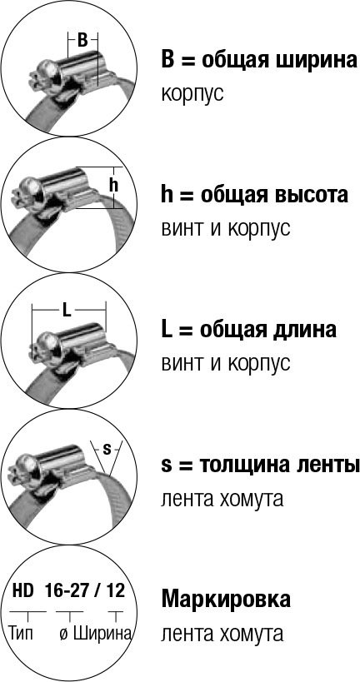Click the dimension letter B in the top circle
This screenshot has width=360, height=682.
pyautogui.click(x=82, y=40)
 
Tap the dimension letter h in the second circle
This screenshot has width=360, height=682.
pyautogui.click(x=113, y=186)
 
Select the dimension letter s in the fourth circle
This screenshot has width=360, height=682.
pyautogui.click(x=106, y=450)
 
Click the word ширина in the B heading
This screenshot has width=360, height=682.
pyautogui.click(x=317, y=61)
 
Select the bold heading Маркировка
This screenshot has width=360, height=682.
pyautogui.click(x=226, y=600)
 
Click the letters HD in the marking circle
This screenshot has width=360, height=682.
pyautogui.click(x=23, y=590)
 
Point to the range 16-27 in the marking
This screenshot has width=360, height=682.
pyautogui.click(x=66, y=590)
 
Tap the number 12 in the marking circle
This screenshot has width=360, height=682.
pyautogui.click(x=115, y=590)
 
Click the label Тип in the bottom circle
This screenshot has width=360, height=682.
pyautogui.click(x=22, y=633)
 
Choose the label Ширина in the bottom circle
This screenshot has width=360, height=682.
pyautogui.click(x=102, y=633)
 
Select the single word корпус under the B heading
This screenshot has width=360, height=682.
pyautogui.click(x=192, y=94)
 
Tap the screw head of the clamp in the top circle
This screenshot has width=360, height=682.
pyautogui.click(x=45, y=72)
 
